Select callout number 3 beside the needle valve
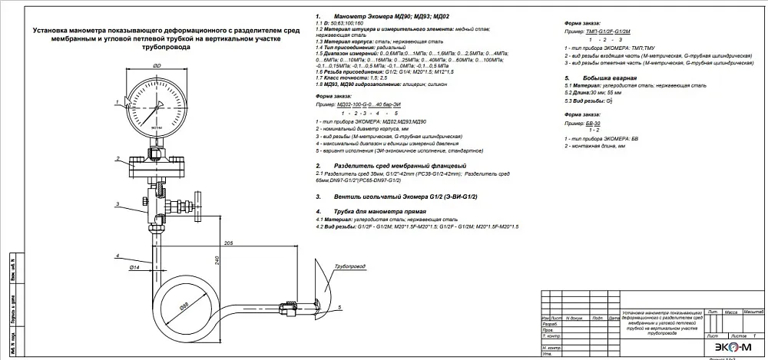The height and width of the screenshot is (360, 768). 116,203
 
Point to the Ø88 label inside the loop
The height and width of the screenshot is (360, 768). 184,306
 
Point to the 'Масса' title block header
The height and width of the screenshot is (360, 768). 730,312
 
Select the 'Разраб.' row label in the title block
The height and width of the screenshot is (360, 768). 550,324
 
